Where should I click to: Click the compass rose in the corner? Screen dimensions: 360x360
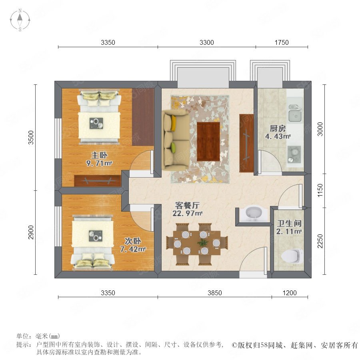pyautogui.click(x=20, y=20)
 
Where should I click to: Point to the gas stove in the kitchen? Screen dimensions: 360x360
pyautogui.click(x=294, y=154)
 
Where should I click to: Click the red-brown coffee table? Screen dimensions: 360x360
pyautogui.click(x=208, y=142)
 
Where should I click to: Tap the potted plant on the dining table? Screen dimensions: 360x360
pyautogui.click(x=202, y=243)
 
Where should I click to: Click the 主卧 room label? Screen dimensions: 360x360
pyautogui.click(x=99, y=155)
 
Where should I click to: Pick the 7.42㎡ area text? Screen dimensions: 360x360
pyautogui.click(x=133, y=249)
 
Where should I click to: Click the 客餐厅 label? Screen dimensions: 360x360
pyautogui.click(x=187, y=205)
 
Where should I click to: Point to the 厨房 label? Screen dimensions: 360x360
pyautogui.click(x=278, y=128)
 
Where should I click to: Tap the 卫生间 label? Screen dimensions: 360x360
pyautogui.click(x=289, y=223)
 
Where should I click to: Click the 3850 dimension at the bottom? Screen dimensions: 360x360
pyautogui.click(x=215, y=293)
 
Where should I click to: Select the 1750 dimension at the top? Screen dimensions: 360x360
pyautogui.click(x=282, y=42)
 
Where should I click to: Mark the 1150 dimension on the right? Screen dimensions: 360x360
pyautogui.click(x=320, y=190)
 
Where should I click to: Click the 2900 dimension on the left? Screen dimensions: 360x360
pyautogui.click(x=31, y=232)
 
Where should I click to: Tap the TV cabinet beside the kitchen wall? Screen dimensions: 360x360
pyautogui.click(x=246, y=143)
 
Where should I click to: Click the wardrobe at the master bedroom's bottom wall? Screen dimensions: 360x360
pyautogui.click(x=98, y=181)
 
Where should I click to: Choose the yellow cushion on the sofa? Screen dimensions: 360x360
pyautogui.click(x=174, y=123)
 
